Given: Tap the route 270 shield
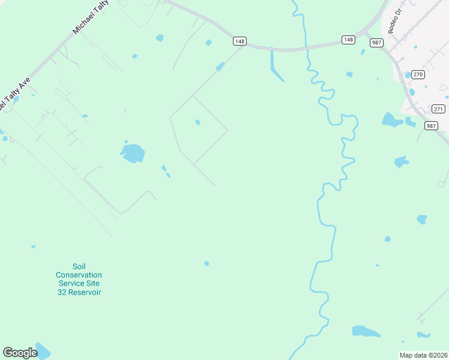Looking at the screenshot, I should [418, 74].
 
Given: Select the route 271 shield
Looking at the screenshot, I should [438, 109].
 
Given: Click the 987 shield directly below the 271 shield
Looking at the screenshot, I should [430, 125].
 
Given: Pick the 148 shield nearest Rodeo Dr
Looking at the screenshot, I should [348, 40].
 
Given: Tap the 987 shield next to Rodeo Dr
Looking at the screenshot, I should [376, 42].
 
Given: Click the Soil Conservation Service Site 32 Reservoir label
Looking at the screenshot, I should [79, 279].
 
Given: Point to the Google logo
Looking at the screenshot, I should [20, 352].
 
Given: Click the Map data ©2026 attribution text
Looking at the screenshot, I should [423, 355].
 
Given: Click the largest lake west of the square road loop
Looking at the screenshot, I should [133, 153].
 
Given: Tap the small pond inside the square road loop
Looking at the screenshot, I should [197, 122].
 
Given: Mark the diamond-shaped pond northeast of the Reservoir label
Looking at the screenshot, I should [206, 263].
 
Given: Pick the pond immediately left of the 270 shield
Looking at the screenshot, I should [408, 76].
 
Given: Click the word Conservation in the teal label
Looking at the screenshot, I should [79, 275].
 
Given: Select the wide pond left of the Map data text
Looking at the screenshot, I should [365, 331].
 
